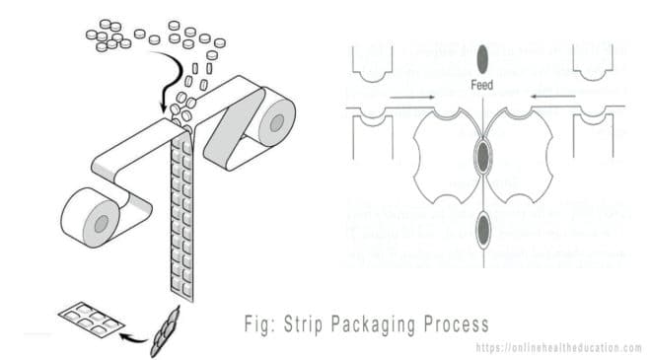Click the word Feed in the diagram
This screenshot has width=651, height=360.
pos(482,86)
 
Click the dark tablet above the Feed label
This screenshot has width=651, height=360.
pos(482,56)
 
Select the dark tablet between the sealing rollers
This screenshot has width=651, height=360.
pos(482,155)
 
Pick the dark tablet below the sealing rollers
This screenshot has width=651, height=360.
pos(482,229)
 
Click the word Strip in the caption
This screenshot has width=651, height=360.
pos(308,324)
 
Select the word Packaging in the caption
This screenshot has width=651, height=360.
pos(377,324)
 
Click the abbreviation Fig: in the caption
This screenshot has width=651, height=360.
pos(259,324)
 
